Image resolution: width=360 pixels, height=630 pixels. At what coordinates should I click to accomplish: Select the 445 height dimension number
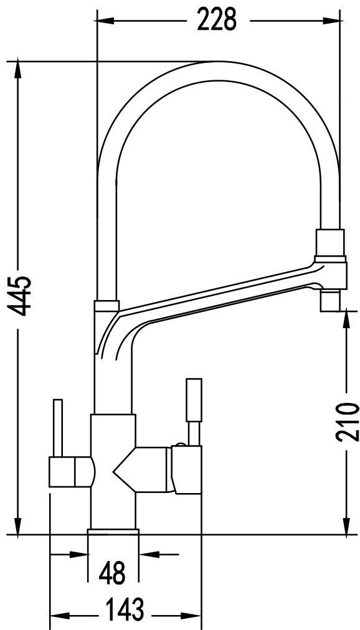click(x=20, y=296)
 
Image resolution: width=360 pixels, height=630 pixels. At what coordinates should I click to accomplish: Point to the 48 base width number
click(x=113, y=573)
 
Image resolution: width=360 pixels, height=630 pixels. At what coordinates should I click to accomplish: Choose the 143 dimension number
click(x=125, y=609)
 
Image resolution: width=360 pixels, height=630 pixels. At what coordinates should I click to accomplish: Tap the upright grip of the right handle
click(x=194, y=400)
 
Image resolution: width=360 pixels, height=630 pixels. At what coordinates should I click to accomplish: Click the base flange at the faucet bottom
click(x=113, y=532)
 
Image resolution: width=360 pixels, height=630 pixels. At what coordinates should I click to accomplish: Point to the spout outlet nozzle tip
click(x=330, y=301)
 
